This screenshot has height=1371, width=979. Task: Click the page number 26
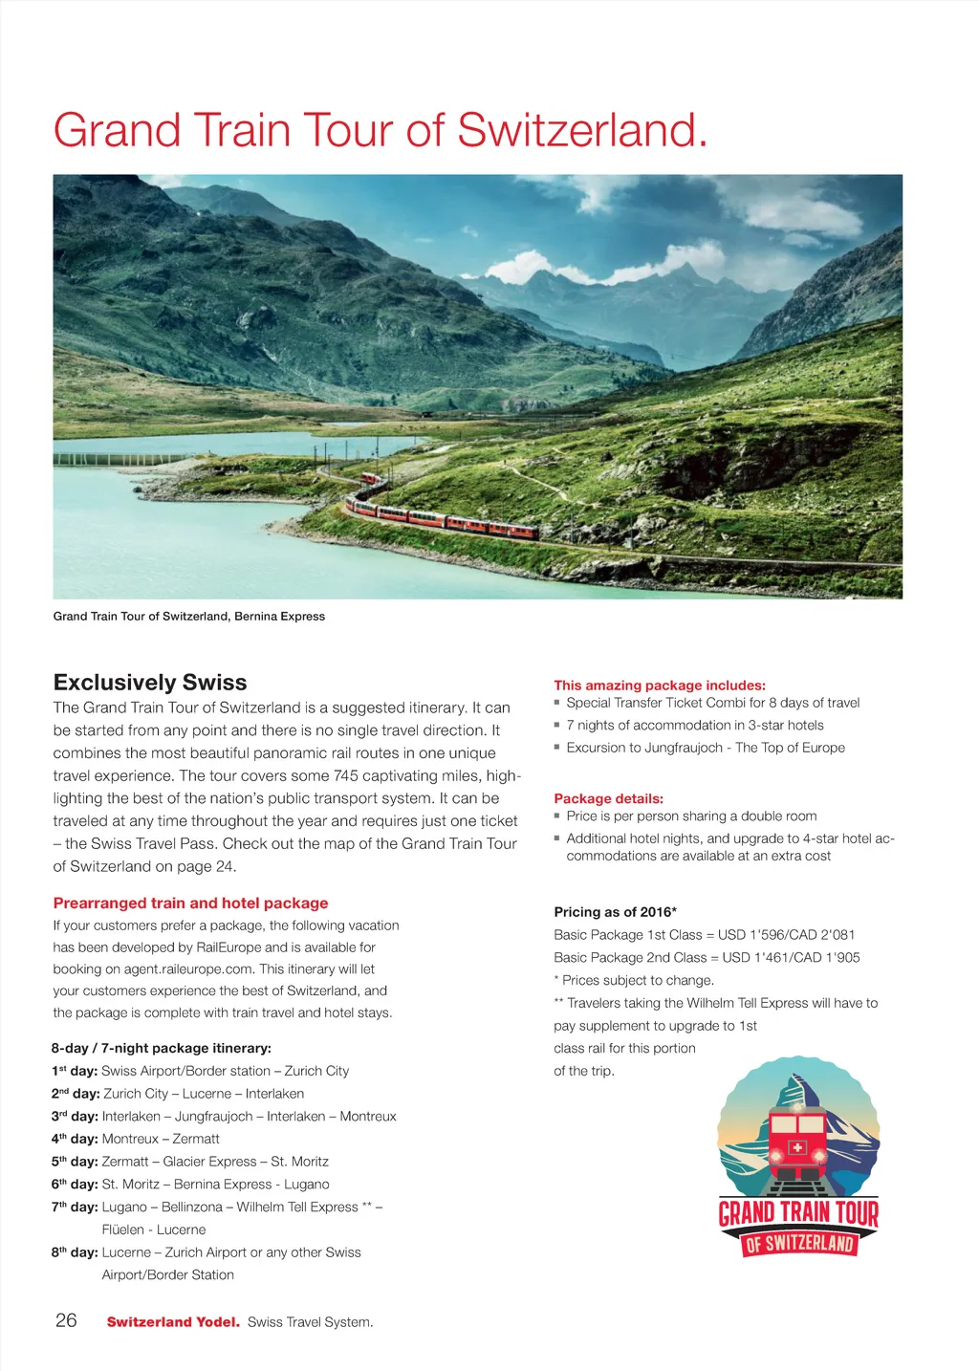tap(66, 1320)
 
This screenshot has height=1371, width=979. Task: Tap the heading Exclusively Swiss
tap(150, 683)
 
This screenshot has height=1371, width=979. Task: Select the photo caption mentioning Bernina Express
tap(188, 617)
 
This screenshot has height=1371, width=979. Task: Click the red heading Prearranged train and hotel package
tap(190, 903)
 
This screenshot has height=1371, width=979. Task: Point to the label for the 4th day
tap(75, 1139)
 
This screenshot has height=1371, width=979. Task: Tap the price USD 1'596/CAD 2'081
tap(786, 935)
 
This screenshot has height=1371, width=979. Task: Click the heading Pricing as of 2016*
tap(615, 912)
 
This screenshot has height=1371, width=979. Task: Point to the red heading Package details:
tap(608, 799)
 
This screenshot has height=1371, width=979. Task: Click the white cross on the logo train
tap(797, 1147)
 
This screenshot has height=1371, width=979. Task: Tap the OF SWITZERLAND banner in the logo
tap(798, 1244)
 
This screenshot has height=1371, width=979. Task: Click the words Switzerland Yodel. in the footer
tap(173, 1322)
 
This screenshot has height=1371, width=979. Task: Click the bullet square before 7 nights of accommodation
tap(557, 725)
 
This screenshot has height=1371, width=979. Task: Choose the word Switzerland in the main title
tap(582, 131)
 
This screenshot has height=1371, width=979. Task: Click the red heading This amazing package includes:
tap(660, 685)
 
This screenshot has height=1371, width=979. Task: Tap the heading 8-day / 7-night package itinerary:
tap(162, 1049)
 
